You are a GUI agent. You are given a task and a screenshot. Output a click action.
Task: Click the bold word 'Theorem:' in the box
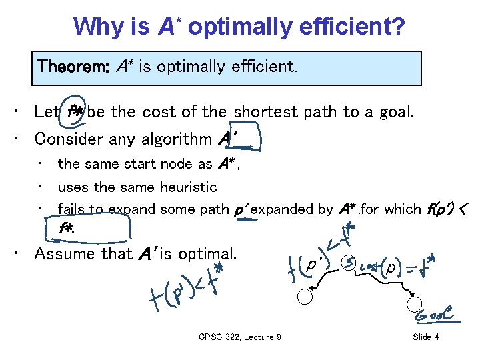[x=75, y=67]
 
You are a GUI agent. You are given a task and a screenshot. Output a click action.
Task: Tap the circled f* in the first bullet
[x=76, y=112]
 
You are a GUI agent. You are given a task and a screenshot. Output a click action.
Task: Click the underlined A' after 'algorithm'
[x=229, y=139]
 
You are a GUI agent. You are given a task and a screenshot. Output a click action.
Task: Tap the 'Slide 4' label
[x=426, y=337]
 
